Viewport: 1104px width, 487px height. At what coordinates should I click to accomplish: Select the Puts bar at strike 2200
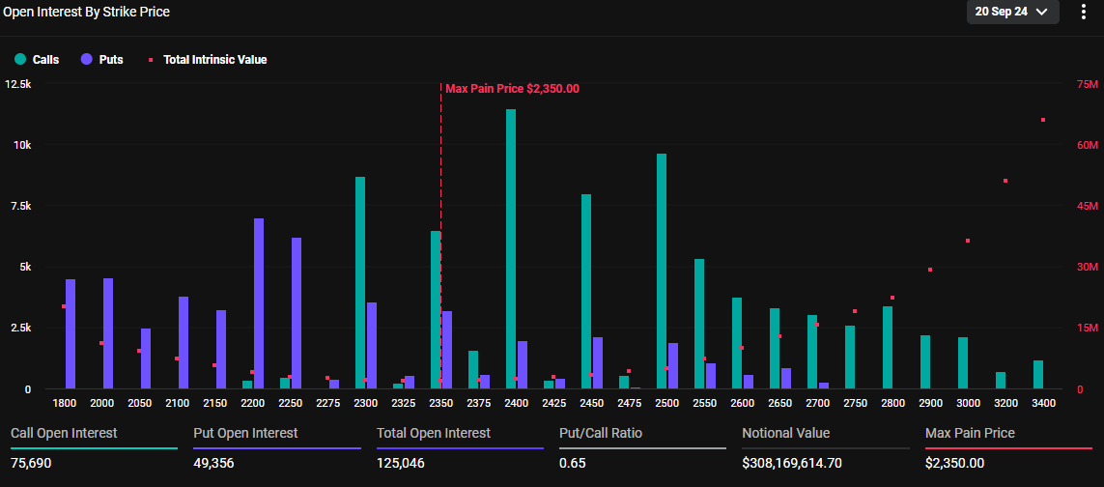tap(259, 303)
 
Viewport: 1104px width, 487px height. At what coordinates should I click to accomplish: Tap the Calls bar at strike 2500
tap(662, 271)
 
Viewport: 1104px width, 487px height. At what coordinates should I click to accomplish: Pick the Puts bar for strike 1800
tap(71, 333)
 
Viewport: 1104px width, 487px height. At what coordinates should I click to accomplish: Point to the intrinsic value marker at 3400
tap(1043, 120)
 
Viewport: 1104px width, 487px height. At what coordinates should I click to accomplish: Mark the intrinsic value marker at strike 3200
tap(1005, 181)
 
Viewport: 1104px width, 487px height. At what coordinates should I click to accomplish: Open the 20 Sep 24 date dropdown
tap(1012, 12)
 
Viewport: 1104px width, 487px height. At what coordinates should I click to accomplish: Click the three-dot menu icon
tap(1084, 12)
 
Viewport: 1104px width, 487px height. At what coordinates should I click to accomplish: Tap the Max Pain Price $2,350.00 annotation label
tap(512, 89)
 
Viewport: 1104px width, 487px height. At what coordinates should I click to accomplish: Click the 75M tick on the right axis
tap(1088, 84)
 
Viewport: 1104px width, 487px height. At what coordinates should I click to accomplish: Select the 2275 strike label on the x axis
tap(328, 403)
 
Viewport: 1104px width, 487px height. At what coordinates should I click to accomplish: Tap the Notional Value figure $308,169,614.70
tap(792, 463)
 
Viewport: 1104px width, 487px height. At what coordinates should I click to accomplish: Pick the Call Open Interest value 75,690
tap(32, 463)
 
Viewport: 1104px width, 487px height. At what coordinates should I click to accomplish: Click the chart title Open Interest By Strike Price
tap(87, 12)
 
